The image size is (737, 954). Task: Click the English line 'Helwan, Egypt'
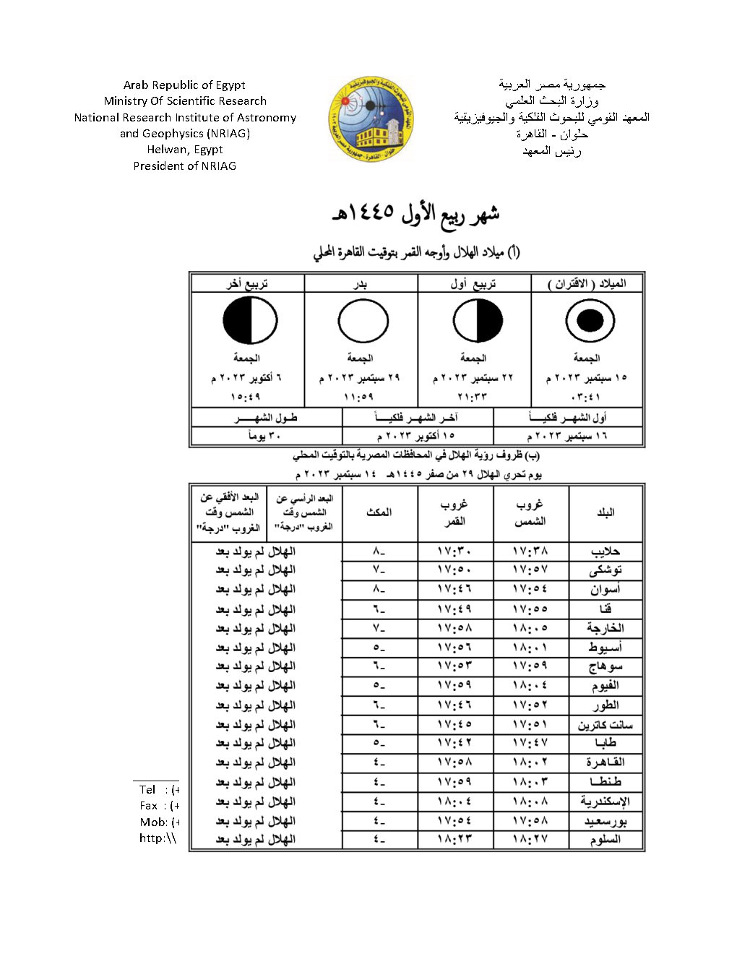click(x=185, y=150)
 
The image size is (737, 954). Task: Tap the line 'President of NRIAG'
click(x=185, y=166)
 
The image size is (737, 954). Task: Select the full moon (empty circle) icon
click(x=363, y=320)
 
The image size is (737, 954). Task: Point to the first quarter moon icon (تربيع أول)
click(x=478, y=320)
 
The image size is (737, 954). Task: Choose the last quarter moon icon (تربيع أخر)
click(x=250, y=320)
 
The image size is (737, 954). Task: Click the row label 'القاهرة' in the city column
click(x=605, y=762)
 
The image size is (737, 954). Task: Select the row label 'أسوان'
click(x=605, y=590)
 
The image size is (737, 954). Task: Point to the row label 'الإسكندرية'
click(x=605, y=802)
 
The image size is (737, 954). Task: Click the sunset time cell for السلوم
click(x=530, y=840)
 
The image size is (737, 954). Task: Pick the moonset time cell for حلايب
click(x=455, y=551)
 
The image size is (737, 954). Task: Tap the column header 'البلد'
click(x=605, y=512)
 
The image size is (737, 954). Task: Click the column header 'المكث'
click(x=379, y=512)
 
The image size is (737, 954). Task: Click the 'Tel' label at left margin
click(x=148, y=790)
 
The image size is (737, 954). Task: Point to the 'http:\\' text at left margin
click(x=158, y=838)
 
